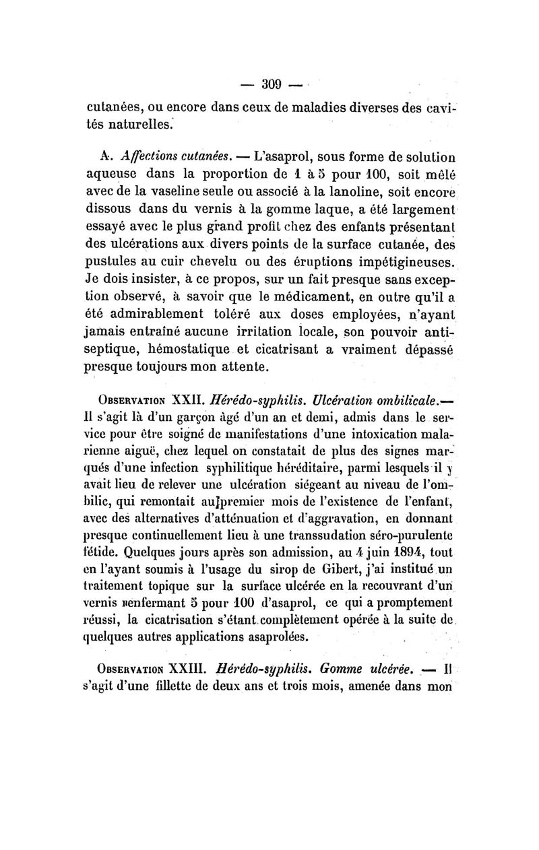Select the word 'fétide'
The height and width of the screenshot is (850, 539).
tap(104, 550)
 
